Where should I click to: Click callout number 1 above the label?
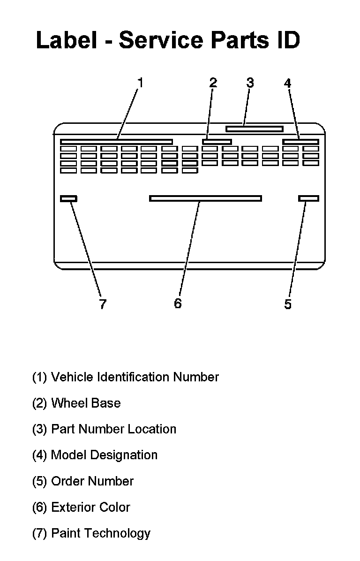click(140, 83)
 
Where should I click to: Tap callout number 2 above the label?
click(213, 83)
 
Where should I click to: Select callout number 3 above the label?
click(250, 83)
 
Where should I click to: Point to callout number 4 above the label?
click(287, 83)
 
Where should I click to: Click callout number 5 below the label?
click(288, 304)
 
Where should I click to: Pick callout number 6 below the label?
click(178, 303)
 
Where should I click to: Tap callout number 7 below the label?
click(103, 304)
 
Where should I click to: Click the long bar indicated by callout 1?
click(116, 142)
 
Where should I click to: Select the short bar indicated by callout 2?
click(217, 142)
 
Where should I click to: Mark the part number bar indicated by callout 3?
click(255, 129)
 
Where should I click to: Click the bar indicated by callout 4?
click(301, 142)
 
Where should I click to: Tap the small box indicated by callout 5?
click(308, 198)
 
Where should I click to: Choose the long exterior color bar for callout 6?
click(205, 198)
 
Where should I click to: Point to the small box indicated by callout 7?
click(69, 198)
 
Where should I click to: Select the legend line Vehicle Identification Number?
click(125, 377)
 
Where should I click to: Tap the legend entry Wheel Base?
click(76, 403)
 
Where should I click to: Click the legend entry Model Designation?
click(95, 455)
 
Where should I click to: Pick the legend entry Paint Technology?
click(91, 533)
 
